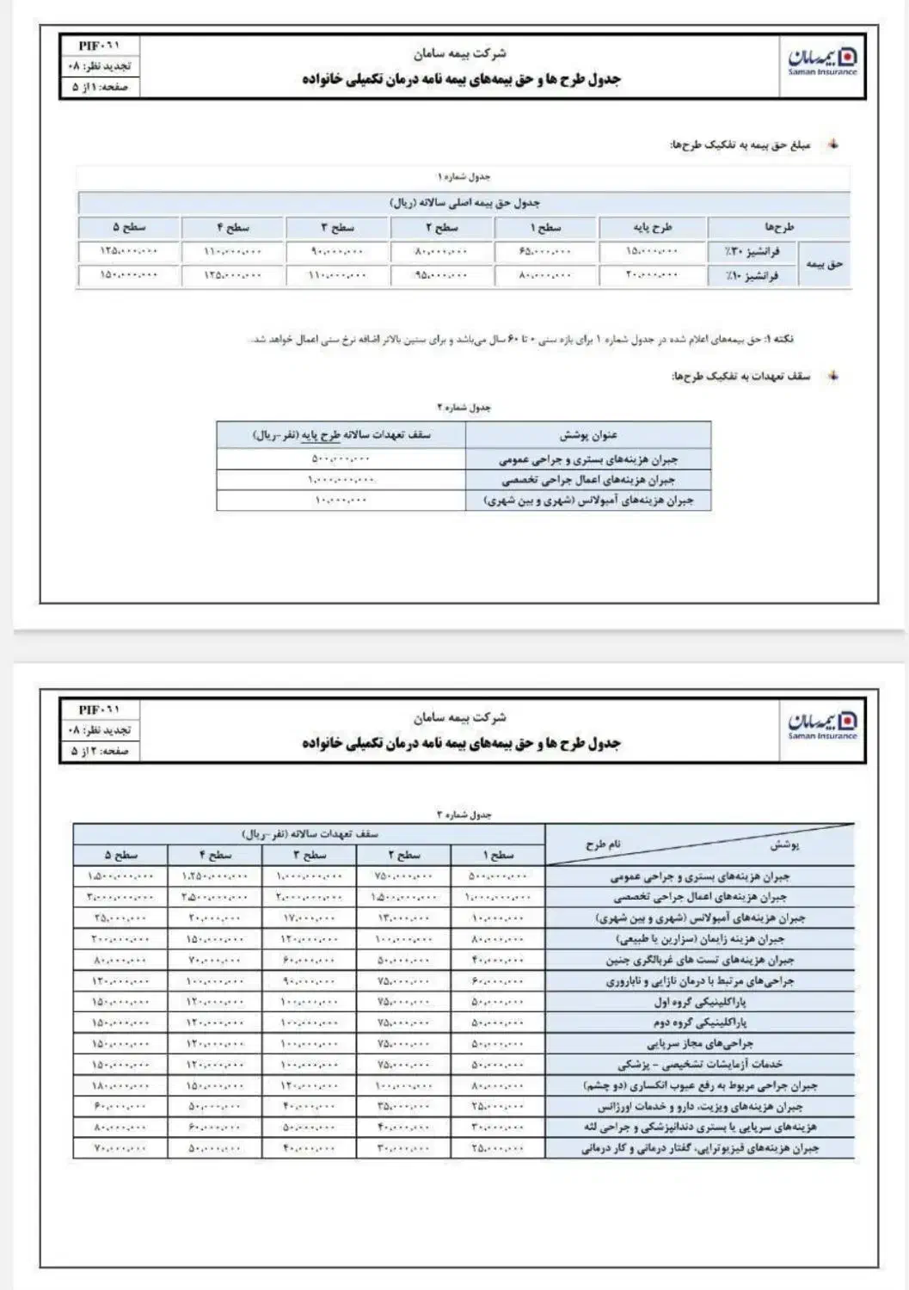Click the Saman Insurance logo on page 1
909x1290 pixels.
click(822, 60)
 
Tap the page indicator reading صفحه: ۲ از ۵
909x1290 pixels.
click(101, 751)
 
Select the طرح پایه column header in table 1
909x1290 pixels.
click(653, 228)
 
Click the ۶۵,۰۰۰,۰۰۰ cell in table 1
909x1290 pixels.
click(545, 252)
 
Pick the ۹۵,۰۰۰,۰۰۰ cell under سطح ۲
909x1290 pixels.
click(442, 276)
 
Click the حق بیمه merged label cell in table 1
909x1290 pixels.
click(824, 264)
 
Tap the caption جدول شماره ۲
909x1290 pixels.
click(464, 407)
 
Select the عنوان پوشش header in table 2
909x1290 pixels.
click(588, 435)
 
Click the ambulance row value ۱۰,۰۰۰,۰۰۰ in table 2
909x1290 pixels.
click(341, 501)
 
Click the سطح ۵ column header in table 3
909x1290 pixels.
click(120, 855)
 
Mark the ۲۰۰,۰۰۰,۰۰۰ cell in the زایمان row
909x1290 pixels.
click(120, 939)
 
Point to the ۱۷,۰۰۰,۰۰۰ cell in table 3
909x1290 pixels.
click(307, 918)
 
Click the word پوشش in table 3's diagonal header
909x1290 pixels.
click(783, 845)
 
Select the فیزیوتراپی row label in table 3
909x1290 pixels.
click(699, 1148)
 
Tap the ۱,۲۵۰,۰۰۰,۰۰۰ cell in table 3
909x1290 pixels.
click(215, 876)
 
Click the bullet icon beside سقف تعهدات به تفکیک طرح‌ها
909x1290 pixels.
click(832, 377)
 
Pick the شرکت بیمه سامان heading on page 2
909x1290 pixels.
click(459, 717)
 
